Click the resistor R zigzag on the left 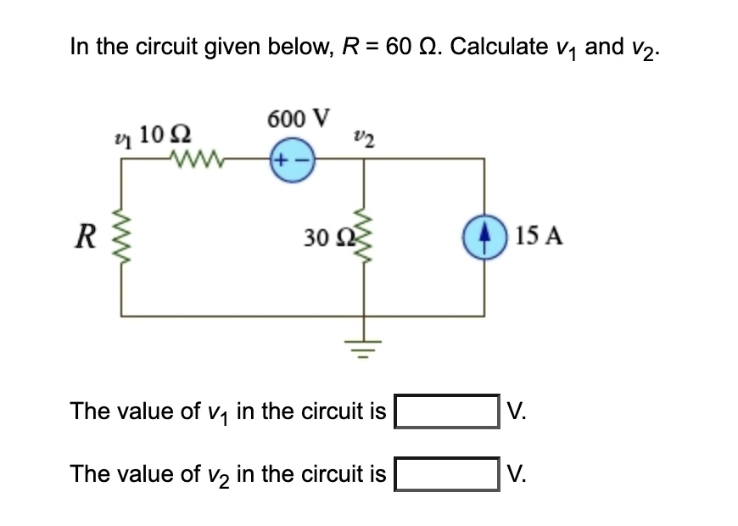[121, 237]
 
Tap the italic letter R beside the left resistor [82, 237]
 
